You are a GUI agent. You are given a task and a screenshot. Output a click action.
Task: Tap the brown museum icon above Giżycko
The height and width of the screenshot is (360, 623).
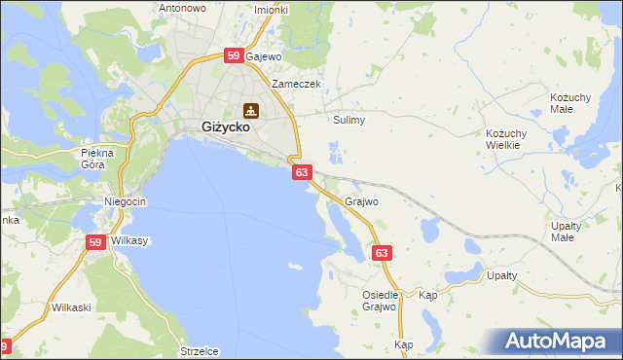coord(251,109)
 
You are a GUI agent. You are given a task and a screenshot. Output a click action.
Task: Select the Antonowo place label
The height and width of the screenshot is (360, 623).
coord(183,8)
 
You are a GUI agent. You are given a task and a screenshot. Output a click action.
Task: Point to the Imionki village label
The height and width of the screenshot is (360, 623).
coord(271,10)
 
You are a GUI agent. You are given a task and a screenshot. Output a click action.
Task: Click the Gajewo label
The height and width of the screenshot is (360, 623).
coord(263,56)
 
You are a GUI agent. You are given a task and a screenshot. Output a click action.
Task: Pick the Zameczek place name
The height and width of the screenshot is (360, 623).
coord(296,84)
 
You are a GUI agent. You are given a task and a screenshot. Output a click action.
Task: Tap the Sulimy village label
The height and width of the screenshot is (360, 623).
coord(348,121)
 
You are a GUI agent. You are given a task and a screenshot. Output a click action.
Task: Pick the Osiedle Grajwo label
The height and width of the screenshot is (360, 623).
coord(381,301)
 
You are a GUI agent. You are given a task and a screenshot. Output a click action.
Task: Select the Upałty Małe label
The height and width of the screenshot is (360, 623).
coord(566,232)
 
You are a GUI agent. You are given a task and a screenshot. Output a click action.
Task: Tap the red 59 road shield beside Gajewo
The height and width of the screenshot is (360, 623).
coord(234,56)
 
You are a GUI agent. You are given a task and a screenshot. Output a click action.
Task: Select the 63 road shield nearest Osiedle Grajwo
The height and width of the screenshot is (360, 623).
coord(383,253)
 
